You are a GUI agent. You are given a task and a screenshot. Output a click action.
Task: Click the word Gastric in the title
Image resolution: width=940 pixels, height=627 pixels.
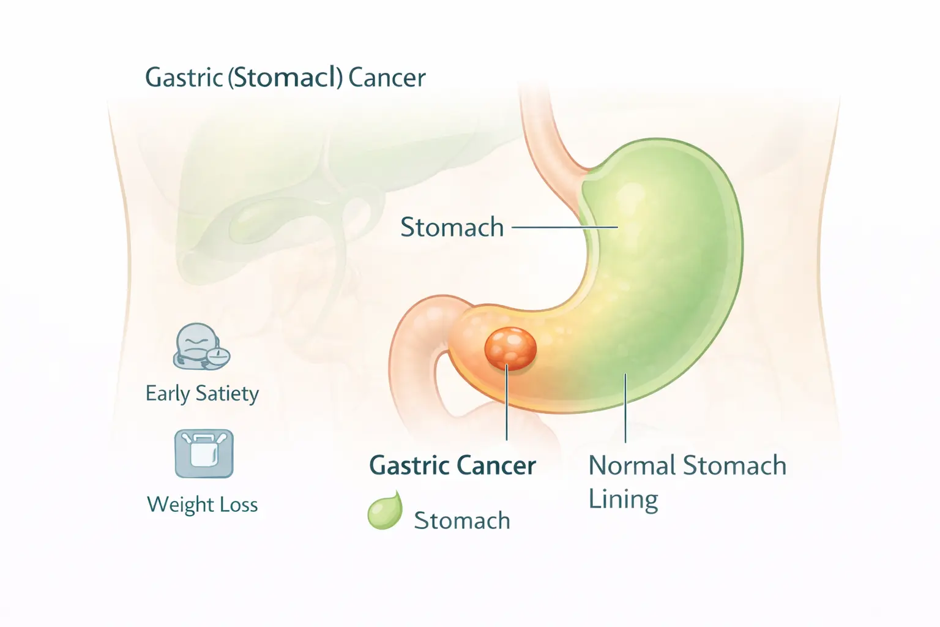[183, 78]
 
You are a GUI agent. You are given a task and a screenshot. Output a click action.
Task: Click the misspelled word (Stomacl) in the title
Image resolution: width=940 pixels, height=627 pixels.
[285, 78]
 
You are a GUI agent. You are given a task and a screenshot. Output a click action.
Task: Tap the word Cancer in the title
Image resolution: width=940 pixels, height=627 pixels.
[386, 78]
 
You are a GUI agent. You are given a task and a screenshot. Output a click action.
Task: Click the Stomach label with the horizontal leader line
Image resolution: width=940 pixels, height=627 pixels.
[452, 227]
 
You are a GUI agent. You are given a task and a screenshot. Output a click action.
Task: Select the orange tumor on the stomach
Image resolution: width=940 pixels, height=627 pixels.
[510, 348]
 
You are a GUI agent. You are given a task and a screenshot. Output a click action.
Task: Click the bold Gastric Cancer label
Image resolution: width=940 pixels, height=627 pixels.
[452, 466]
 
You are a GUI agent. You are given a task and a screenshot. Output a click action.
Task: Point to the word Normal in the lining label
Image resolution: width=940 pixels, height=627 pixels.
[632, 466]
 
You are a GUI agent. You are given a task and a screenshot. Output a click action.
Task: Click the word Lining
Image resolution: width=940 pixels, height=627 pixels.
[623, 500]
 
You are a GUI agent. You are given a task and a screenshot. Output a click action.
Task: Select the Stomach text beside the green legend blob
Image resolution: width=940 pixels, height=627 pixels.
[462, 520]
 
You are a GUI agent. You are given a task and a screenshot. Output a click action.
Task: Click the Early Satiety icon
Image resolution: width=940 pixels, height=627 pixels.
[201, 347]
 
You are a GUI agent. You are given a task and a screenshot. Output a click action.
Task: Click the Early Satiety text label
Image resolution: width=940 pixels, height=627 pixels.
[202, 394]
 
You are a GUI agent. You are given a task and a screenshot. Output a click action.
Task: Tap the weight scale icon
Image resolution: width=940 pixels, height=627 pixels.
[204, 454]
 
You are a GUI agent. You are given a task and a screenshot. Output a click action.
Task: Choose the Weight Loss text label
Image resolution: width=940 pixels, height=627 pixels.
[202, 505]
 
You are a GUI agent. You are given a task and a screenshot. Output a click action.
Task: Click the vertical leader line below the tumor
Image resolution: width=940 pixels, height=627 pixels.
[507, 404]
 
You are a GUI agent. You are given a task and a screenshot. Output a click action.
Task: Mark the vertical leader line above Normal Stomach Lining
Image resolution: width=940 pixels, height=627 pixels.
[625, 407]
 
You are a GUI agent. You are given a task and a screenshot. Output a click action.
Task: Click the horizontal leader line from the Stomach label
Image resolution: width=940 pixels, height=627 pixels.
[563, 227]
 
